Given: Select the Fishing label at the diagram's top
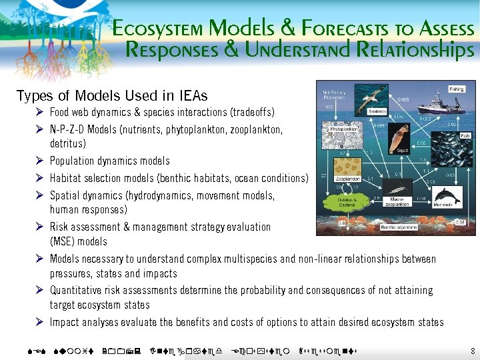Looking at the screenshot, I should (457, 88).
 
